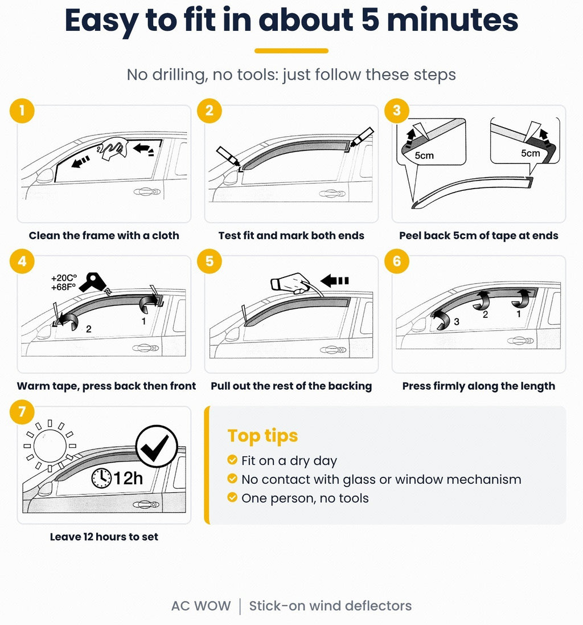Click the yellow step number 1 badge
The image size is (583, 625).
(22, 111)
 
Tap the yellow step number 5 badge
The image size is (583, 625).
(210, 261)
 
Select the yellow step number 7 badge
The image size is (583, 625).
(22, 412)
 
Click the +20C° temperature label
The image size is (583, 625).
(64, 278)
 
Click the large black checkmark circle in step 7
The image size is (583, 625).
(157, 446)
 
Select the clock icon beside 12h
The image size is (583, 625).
(102, 478)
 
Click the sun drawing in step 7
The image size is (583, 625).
(50, 445)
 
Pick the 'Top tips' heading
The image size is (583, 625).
(263, 436)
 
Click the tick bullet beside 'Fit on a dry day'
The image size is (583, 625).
(232, 460)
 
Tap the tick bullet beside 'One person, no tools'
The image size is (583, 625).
(232, 497)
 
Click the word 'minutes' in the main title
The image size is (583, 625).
(453, 20)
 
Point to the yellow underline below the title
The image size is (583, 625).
(291, 51)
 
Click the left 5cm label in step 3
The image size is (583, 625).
(424, 156)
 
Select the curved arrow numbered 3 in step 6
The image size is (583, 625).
(441, 319)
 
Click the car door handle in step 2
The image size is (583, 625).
(332, 194)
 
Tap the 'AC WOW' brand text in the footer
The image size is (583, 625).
(201, 606)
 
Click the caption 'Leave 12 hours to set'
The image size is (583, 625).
(104, 537)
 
